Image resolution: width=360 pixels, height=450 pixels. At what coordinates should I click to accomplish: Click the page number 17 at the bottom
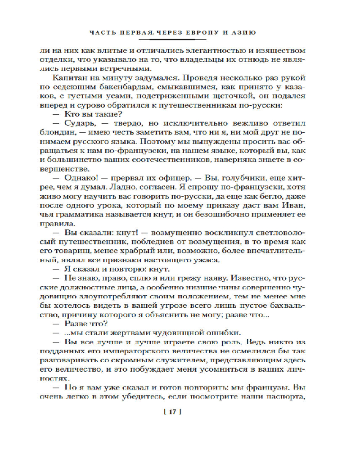click(x=172, y=411)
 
